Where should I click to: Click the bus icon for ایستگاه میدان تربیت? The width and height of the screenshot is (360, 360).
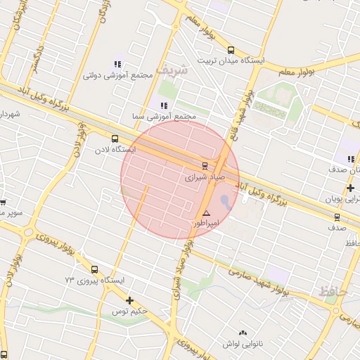click(231, 50)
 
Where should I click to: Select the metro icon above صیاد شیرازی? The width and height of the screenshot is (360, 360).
click(205, 167)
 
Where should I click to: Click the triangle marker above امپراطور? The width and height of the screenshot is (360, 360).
click(206, 213)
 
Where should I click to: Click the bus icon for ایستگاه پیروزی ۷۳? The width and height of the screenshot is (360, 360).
click(95, 269)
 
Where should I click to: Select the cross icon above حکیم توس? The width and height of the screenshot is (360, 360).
click(129, 300)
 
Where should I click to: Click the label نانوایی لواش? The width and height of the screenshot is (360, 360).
click(243, 344)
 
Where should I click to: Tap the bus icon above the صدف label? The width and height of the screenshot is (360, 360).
click(337, 217)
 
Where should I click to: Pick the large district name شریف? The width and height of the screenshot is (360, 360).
click(173, 70)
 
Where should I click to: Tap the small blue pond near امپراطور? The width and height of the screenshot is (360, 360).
click(225, 201)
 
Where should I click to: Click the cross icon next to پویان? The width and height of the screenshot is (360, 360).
click(350, 188)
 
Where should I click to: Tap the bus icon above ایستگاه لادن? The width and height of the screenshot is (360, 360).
click(115, 139)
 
